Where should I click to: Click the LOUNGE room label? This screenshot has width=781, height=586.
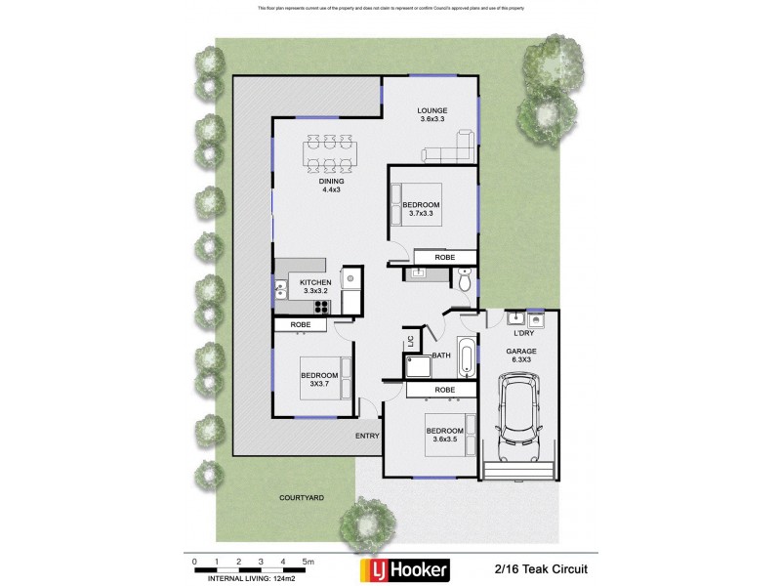point(432,114)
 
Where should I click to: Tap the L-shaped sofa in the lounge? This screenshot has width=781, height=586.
point(450,150)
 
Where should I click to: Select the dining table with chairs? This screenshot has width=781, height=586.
point(330,152)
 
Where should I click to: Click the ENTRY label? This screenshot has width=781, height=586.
point(367,436)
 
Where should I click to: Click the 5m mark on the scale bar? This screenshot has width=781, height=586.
point(306,562)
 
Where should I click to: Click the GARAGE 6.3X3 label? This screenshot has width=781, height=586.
point(520,355)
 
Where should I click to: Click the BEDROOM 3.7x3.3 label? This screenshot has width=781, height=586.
point(421,208)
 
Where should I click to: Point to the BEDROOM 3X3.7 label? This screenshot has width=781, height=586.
point(319,380)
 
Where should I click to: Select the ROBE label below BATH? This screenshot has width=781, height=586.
point(444,391)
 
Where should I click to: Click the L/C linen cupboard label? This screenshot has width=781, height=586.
point(411,341)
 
